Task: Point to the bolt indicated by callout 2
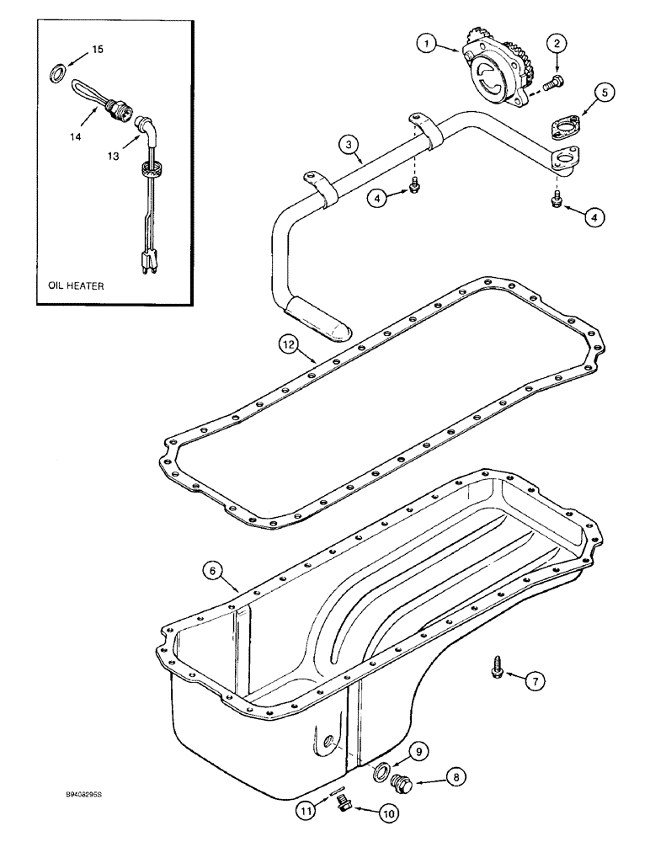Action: [553, 82]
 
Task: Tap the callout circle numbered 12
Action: [289, 344]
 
